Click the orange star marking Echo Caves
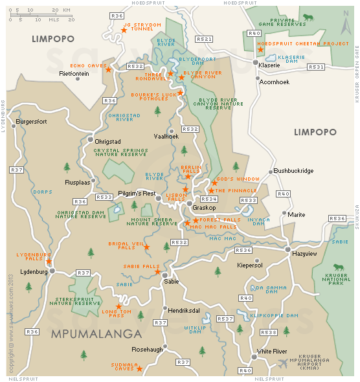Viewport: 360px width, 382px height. (109, 69)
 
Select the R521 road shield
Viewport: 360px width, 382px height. (204, 39)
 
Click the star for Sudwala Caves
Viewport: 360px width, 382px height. (139, 368)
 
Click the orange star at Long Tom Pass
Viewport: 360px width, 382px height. (118, 306)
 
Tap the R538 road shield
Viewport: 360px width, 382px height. (268, 332)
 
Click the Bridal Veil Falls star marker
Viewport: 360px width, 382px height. (146, 247)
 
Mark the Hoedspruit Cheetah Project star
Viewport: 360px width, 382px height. (260, 50)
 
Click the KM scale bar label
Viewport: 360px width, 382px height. (65, 10)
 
